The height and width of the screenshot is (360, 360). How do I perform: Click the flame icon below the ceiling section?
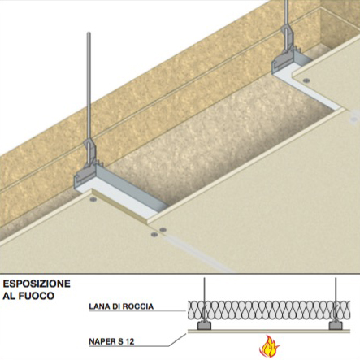click(x=269, y=346)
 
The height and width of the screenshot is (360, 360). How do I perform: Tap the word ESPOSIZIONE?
click(x=37, y=284)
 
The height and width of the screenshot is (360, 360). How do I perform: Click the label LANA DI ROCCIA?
click(x=121, y=306)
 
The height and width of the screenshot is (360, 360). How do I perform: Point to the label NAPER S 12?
click(x=111, y=341)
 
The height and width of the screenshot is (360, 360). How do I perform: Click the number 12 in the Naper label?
click(x=129, y=341)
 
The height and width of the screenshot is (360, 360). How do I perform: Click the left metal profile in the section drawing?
click(x=204, y=325)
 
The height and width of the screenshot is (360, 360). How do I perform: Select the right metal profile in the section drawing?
click(x=336, y=325)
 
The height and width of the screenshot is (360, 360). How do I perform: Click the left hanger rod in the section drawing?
click(x=204, y=298)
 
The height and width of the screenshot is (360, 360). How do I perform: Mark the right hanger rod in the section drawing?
click(x=336, y=298)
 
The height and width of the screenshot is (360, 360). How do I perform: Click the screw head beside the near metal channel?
click(x=93, y=200)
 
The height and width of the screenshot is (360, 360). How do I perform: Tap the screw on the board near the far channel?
click(x=306, y=80)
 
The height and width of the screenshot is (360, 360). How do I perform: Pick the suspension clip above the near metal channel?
click(x=91, y=157)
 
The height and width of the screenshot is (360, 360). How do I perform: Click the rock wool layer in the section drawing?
click(x=269, y=310)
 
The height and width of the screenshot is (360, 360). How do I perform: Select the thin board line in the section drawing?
click(x=269, y=331)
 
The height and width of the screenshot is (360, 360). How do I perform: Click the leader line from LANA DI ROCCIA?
click(x=137, y=311)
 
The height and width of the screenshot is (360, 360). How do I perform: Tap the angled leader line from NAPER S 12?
click(x=177, y=340)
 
